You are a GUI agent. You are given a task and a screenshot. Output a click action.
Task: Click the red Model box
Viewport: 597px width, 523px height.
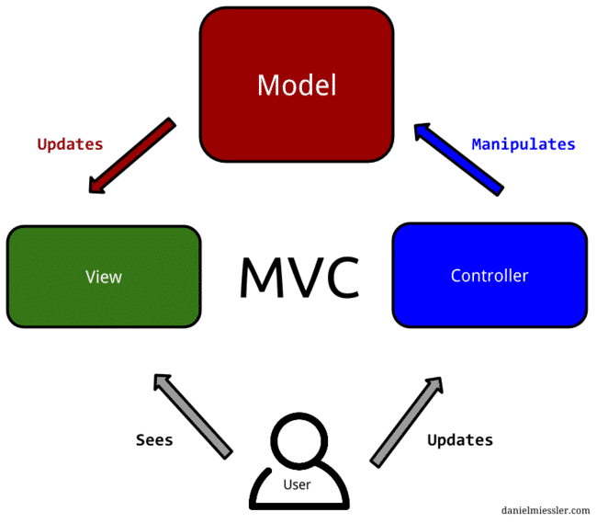click(x=297, y=85)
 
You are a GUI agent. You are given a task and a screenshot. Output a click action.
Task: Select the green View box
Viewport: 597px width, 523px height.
click(x=103, y=276)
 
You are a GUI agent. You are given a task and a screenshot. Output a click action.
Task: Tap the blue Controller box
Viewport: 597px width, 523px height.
click(x=489, y=276)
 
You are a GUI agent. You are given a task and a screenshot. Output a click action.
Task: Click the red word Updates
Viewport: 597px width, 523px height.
click(x=70, y=144)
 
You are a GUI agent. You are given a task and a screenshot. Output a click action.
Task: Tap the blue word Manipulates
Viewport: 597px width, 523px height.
click(x=523, y=144)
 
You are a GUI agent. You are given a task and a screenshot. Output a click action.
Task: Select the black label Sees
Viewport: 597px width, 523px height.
click(x=154, y=440)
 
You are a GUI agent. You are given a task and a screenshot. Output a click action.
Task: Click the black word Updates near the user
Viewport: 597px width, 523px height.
click(x=459, y=440)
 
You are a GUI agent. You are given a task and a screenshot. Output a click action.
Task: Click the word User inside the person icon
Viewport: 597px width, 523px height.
click(x=296, y=484)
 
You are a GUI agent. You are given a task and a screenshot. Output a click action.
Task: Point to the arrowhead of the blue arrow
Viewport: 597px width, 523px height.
click(x=422, y=132)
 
